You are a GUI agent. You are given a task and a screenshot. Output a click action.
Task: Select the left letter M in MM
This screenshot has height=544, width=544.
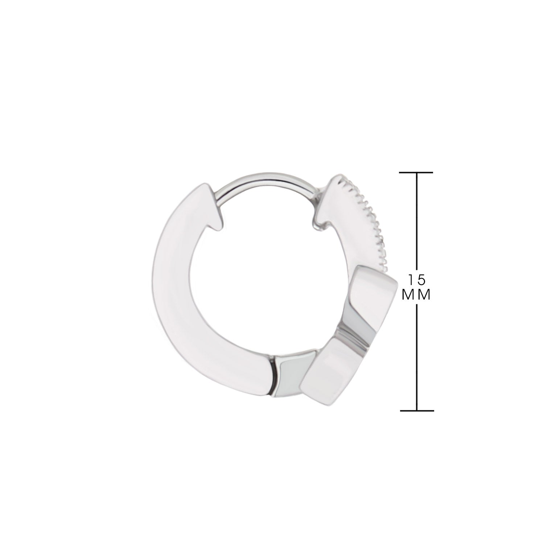[x=409, y=295]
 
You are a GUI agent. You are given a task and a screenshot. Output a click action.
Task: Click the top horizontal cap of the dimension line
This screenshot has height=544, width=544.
[x=416, y=172]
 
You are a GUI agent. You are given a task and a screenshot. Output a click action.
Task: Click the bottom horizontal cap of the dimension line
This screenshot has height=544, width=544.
[x=417, y=411]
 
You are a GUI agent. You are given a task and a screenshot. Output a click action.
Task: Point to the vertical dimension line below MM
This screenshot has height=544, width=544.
[x=417, y=357]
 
